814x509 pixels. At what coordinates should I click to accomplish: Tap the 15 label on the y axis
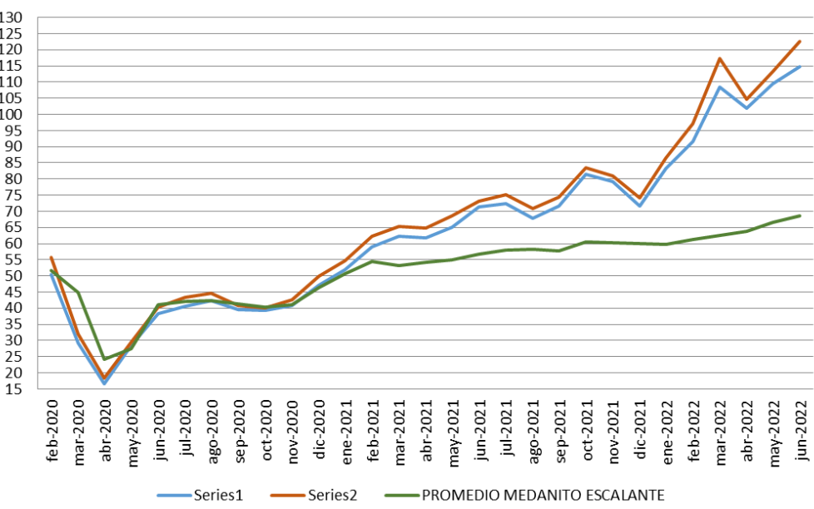pos(19,388)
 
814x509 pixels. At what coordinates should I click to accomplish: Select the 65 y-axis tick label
pos(19,227)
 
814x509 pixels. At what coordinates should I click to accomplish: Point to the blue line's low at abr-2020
pos(105,383)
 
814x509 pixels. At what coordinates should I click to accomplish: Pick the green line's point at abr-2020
pos(105,358)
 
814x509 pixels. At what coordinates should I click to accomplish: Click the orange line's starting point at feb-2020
pos(51,257)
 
